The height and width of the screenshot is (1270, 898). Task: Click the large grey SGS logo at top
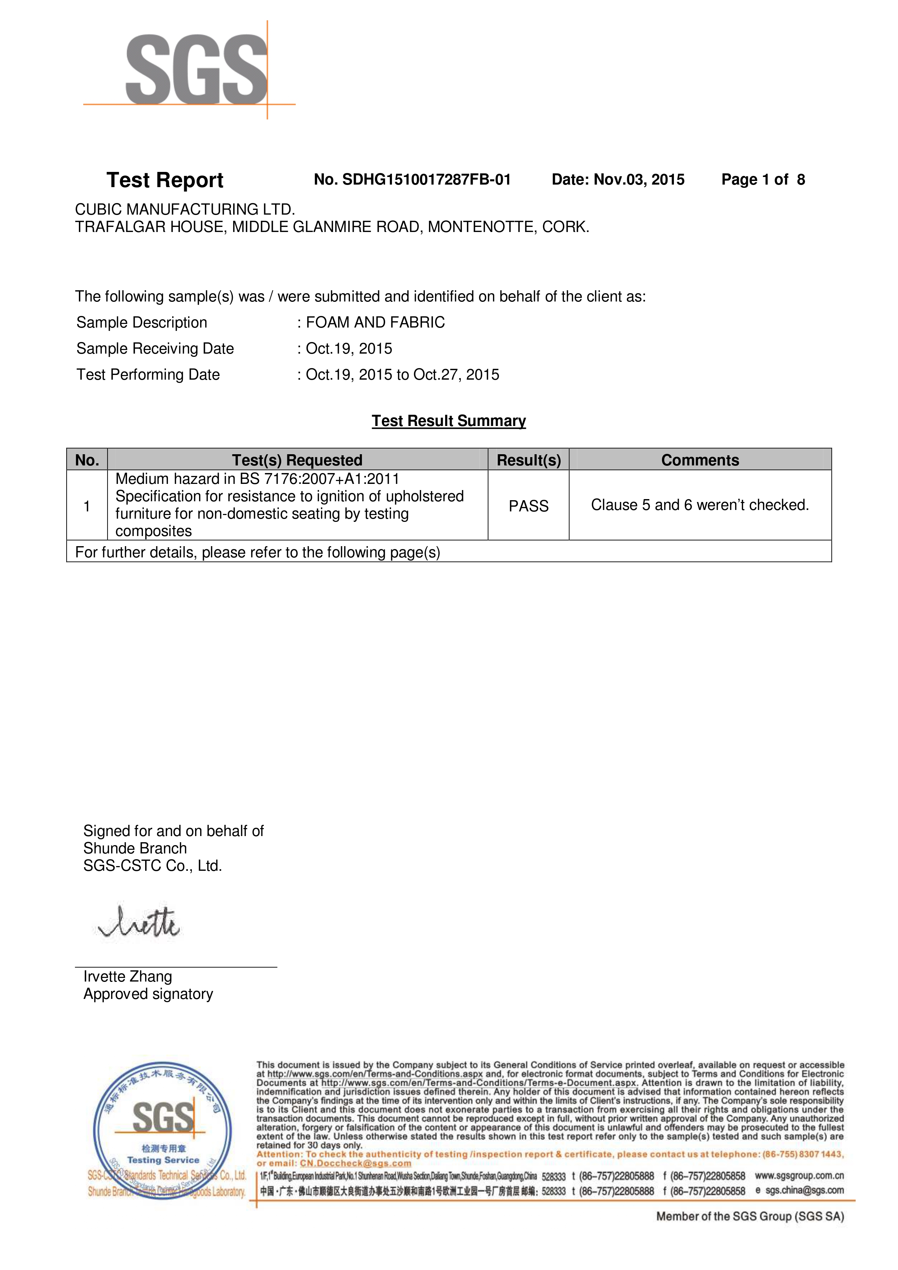tap(197, 70)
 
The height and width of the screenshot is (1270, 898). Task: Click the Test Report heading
tap(165, 180)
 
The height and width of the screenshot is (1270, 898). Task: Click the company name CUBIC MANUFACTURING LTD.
tap(185, 210)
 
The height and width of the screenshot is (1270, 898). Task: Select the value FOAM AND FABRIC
tap(375, 322)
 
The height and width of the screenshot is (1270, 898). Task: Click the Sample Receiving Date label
tap(155, 349)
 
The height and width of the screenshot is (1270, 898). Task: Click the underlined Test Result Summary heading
tap(449, 421)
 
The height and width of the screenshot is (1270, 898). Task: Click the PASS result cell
tap(528, 506)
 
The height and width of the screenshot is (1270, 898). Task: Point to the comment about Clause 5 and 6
tap(700, 505)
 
